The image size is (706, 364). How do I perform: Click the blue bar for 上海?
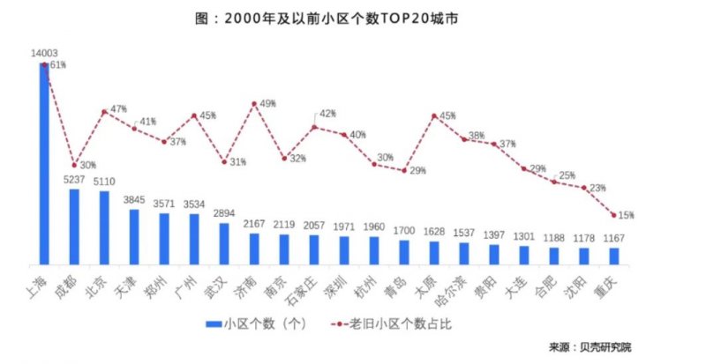click(44, 163)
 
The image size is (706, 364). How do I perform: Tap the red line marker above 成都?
click(74, 165)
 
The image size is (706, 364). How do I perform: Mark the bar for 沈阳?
click(583, 256)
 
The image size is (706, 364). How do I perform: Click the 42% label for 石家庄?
click(328, 114)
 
